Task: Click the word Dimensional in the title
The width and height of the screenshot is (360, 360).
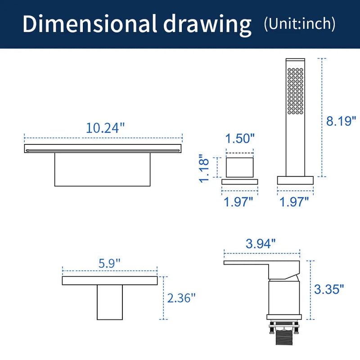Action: tap(90, 23)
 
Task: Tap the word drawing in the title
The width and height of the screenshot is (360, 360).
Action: tap(207, 25)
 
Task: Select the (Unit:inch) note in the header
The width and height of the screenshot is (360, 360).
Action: tap(300, 24)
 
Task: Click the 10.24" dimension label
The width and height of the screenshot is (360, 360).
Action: tap(105, 128)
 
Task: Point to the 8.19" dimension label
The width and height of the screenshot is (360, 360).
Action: tap(341, 121)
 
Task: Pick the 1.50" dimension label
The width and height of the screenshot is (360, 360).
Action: tap(240, 139)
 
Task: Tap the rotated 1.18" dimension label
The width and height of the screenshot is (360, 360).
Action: tap(204, 168)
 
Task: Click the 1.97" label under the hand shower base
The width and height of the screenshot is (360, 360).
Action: tap(294, 202)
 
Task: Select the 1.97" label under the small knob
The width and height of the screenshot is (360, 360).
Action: tap(238, 202)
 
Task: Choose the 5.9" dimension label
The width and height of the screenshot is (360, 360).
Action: tap(109, 263)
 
